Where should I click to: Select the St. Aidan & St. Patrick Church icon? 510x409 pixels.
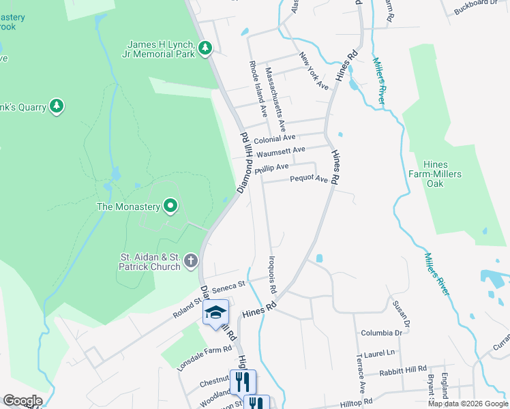pyautogui.click(x=190, y=260)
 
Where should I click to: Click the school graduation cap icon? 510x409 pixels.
pyautogui.click(x=216, y=312)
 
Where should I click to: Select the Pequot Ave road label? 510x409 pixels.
pyautogui.click(x=309, y=179)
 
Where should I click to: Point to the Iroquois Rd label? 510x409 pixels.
pyautogui.click(x=271, y=275)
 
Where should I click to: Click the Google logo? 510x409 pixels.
pyautogui.click(x=22, y=401)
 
